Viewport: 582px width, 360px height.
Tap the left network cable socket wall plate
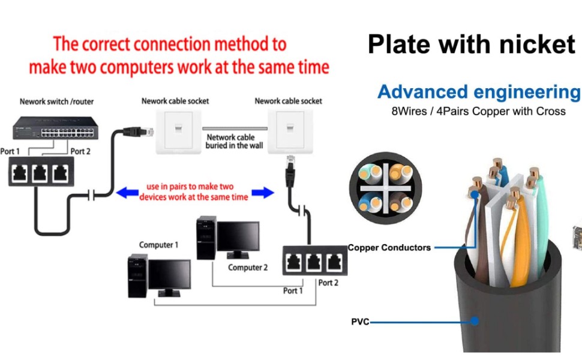tap(179, 130)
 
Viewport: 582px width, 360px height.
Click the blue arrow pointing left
tap(125, 193)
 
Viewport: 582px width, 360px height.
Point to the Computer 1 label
tap(159, 245)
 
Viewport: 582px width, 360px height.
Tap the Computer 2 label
tap(248, 268)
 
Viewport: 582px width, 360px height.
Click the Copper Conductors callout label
tap(389, 247)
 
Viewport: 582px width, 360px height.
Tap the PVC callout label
tap(360, 322)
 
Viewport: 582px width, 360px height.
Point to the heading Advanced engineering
tap(479, 92)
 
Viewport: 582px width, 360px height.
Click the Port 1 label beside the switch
tap(10, 151)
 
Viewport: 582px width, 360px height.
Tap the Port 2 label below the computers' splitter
tap(328, 283)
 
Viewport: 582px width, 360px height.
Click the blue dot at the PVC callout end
tap(475, 321)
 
